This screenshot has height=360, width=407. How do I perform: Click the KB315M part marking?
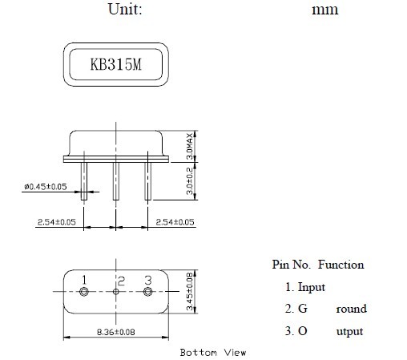116,64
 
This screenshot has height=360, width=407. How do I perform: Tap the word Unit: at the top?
125,9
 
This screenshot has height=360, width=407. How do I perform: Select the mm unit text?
325,10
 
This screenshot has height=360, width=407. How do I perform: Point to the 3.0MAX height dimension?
190,146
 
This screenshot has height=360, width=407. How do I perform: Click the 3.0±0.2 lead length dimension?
190,181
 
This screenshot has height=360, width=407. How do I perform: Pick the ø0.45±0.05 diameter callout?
46,187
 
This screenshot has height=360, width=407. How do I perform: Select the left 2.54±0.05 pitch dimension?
57,222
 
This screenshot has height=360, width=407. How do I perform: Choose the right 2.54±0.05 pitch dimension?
175,222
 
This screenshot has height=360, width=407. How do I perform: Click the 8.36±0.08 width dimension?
116,332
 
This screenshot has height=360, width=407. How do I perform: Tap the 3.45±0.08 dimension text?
190,292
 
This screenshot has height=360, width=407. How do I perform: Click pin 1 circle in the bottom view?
84,291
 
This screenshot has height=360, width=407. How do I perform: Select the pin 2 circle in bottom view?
116,291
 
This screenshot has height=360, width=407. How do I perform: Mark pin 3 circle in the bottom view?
148,291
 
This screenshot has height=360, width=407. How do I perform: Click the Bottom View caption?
213,353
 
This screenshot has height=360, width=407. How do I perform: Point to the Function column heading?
341,265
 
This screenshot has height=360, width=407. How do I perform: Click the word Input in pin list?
312,288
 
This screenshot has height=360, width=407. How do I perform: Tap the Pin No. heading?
292,265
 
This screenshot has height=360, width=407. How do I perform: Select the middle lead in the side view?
116,181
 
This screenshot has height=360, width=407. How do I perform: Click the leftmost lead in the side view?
84,181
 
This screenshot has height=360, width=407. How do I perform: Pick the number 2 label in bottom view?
122,281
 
